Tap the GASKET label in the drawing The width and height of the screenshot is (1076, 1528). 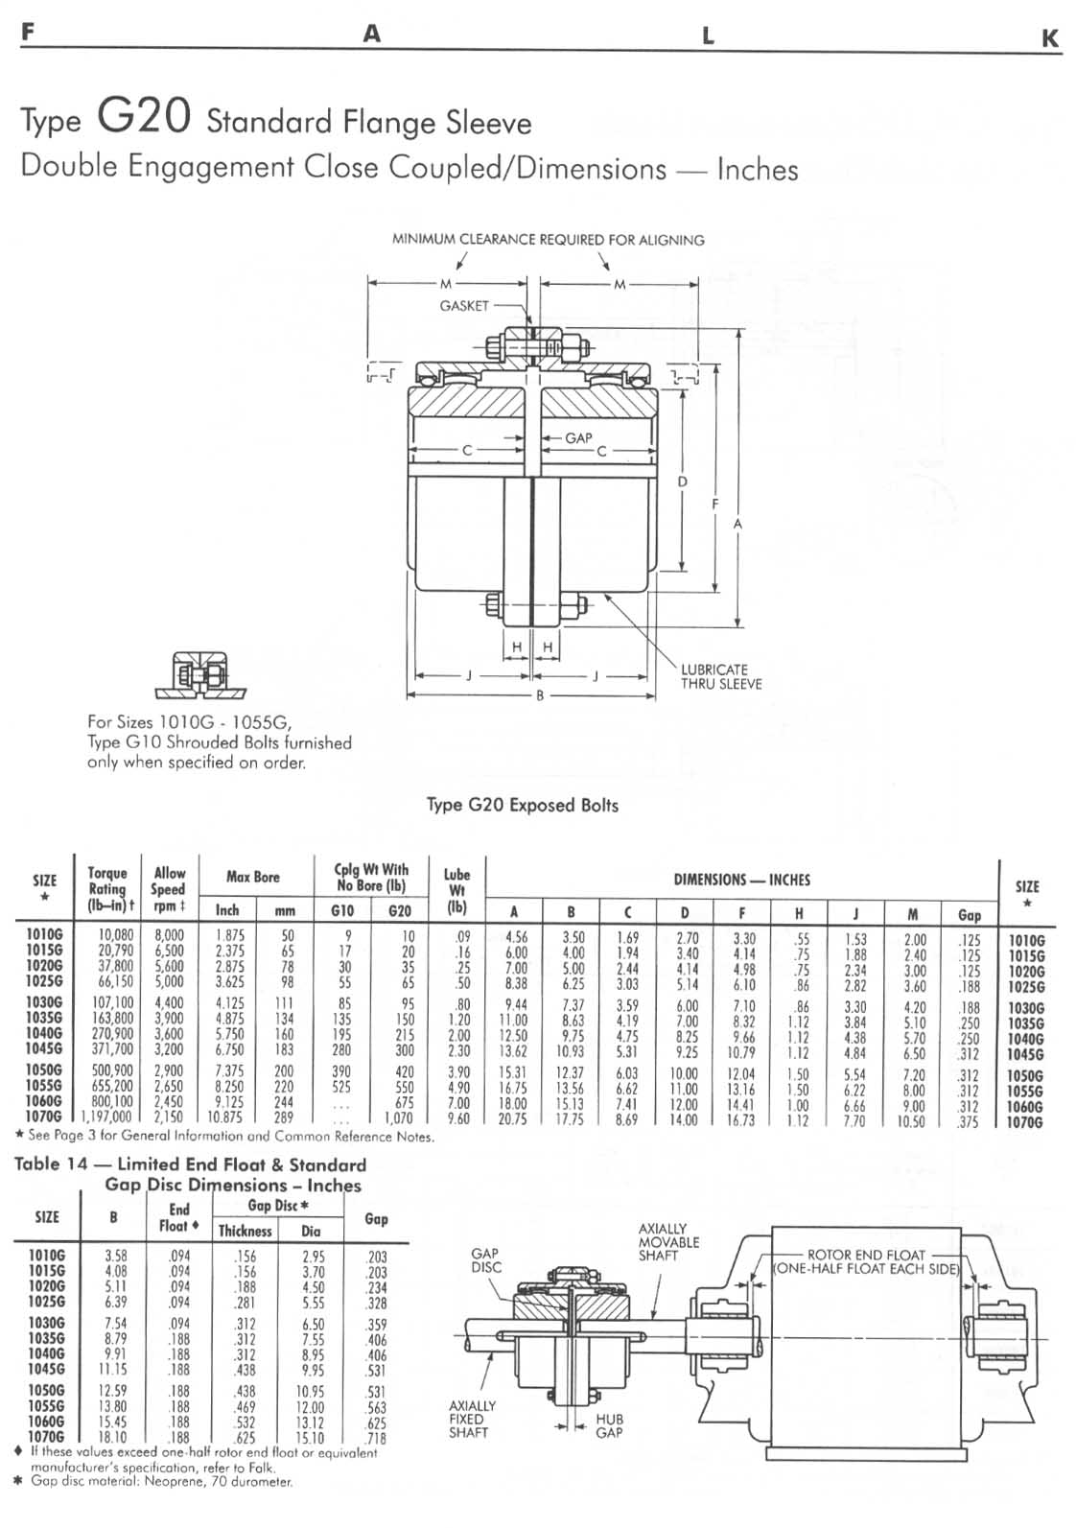coord(464,306)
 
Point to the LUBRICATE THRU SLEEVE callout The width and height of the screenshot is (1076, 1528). coord(720,676)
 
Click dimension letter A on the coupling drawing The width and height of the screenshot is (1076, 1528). coord(737,524)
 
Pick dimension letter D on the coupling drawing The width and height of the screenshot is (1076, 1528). coord(682,482)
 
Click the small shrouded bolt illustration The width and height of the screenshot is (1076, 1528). coord(200,675)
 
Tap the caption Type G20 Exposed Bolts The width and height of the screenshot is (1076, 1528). coord(523,805)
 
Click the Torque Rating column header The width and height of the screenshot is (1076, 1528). coord(107,888)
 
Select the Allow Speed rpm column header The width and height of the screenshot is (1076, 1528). coord(169,888)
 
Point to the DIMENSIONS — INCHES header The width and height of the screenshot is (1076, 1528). coord(741,880)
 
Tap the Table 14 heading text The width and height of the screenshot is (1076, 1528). coord(190,1174)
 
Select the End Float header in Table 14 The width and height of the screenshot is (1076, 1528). coord(179,1217)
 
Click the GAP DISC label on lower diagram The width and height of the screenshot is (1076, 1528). coord(485,1260)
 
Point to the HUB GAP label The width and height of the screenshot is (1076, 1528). coord(609,1425)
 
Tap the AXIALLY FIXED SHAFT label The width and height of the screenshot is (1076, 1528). coord(473,1419)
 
